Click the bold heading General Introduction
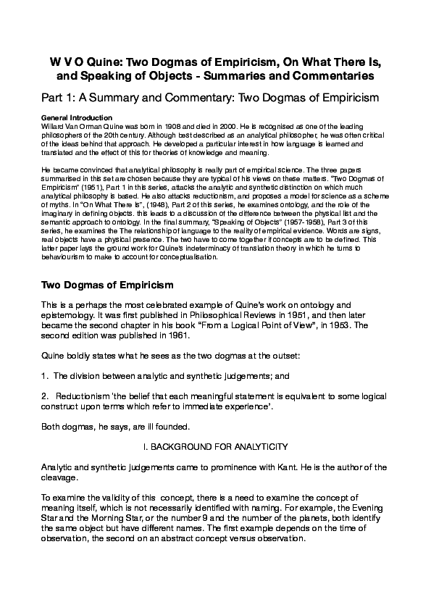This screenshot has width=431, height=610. [x=77, y=117]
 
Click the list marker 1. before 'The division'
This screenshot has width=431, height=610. [x=46, y=377]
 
